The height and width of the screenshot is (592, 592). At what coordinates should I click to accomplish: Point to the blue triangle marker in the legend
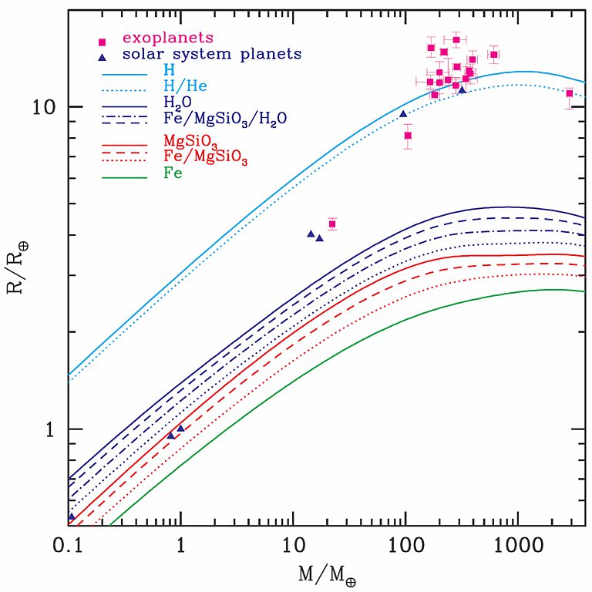click(101, 55)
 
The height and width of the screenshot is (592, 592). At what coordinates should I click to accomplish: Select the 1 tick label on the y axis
click(52, 429)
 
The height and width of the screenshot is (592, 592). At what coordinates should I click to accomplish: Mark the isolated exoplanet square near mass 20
click(332, 224)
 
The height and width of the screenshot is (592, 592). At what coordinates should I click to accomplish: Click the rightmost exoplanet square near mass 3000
click(570, 93)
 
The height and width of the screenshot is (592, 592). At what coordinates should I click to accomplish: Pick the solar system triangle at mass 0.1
click(72, 516)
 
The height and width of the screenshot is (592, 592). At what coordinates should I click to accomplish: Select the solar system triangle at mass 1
click(181, 428)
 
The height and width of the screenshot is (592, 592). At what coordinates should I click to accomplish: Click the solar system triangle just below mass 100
click(403, 114)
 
